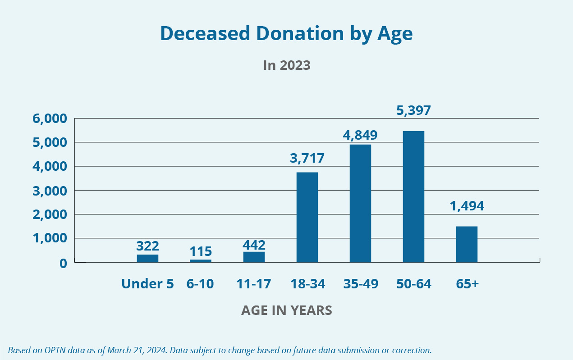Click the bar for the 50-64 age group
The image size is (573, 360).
point(413,196)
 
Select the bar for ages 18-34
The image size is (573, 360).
point(307,217)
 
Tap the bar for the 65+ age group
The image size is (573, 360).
point(467,244)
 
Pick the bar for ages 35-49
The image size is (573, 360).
point(360,203)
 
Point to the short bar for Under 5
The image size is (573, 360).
point(147,258)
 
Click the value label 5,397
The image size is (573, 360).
point(413,110)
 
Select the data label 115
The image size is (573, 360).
point(201,251)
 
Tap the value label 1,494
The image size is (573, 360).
point(467,206)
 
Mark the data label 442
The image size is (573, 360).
point(254,245)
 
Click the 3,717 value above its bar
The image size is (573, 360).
point(307,158)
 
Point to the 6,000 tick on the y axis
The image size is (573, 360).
point(50,119)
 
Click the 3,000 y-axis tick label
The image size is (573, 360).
point(50,191)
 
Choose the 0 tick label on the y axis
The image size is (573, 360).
point(63,263)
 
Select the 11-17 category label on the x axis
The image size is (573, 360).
point(254,284)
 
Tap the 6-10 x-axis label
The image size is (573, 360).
point(201,284)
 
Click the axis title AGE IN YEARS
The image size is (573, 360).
point(287,310)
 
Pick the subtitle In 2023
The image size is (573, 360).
point(287,65)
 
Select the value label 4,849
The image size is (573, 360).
point(360,134)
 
